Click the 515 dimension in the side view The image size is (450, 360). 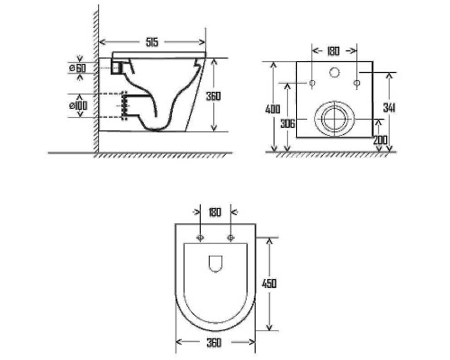152,42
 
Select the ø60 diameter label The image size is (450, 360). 77,68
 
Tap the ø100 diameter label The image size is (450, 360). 78,105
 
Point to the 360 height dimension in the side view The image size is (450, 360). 213,95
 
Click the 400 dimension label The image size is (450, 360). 273,109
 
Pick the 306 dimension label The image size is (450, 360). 287,123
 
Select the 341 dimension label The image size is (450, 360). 390,108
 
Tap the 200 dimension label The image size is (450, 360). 380,140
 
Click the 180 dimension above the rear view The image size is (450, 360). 333,51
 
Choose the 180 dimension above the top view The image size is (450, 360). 214,212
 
